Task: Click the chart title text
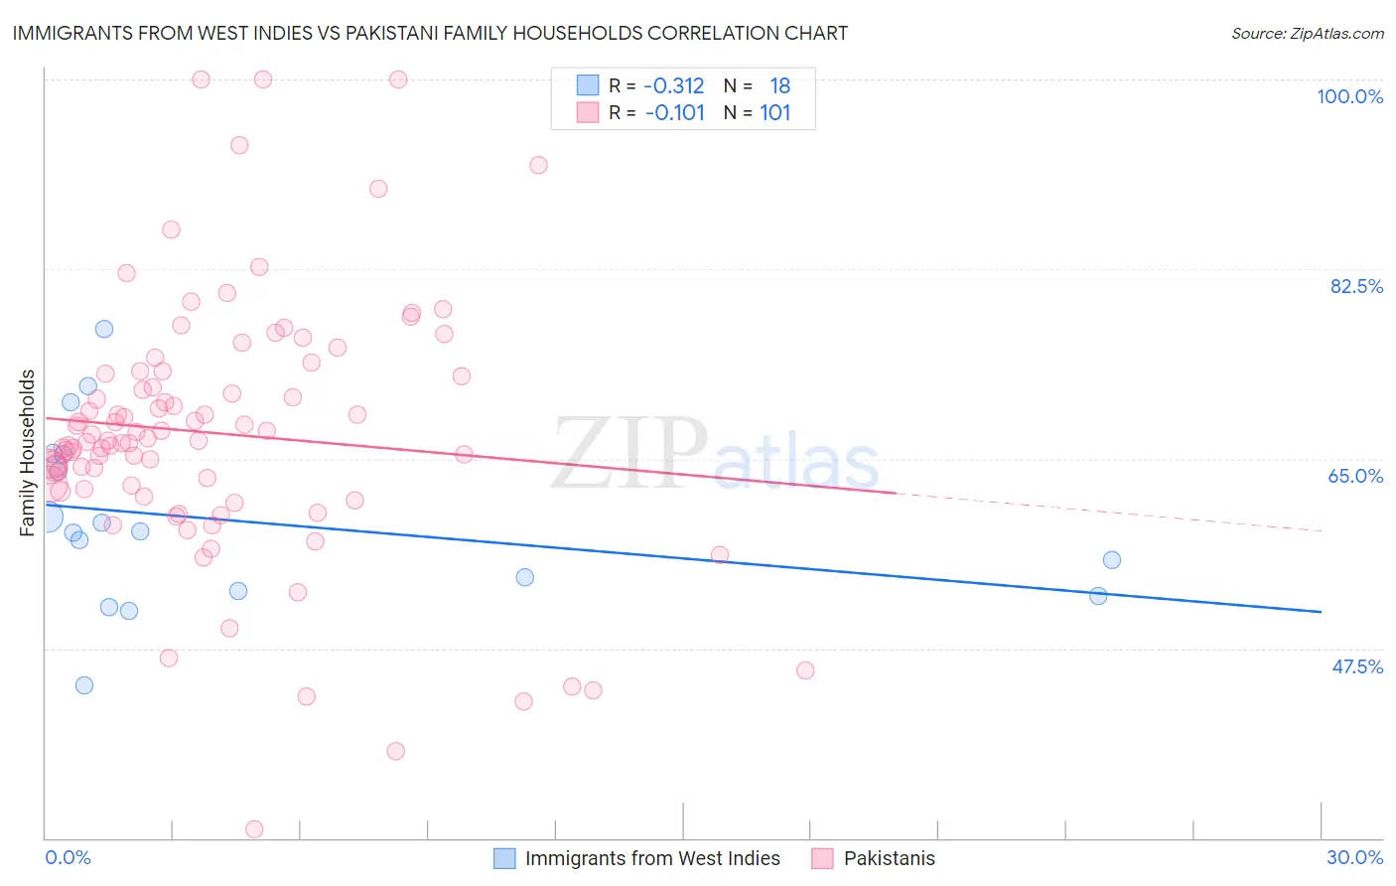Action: point(430,33)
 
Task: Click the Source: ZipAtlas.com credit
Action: point(1307,33)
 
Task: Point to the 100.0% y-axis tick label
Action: point(1349,96)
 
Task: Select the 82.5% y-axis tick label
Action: point(1356,286)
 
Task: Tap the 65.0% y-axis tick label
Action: point(1355,476)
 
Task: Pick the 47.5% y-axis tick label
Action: point(1356,666)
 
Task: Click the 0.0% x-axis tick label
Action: point(68,857)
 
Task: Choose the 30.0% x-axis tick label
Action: point(1354,857)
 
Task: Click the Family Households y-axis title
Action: point(28,453)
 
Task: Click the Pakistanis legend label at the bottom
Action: point(889,858)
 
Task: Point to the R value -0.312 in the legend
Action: point(674,85)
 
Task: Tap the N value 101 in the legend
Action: point(775,112)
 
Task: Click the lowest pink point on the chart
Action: point(254,829)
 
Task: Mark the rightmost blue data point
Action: point(1112,560)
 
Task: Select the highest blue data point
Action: point(104,329)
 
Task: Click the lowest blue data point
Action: point(84,685)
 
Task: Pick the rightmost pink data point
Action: point(805,670)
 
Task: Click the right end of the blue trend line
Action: point(1321,612)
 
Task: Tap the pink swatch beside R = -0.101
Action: point(588,112)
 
